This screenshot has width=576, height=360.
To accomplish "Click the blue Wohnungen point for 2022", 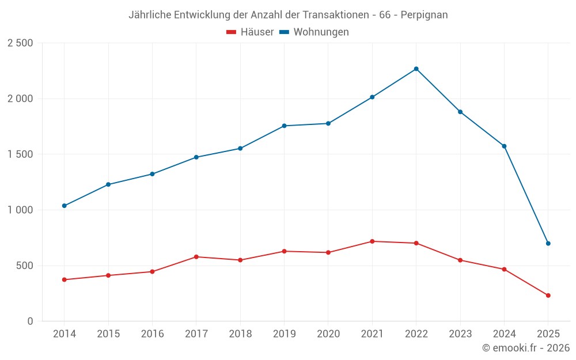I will tap(416, 69).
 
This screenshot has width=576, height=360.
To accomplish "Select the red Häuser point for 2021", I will tap(372, 241).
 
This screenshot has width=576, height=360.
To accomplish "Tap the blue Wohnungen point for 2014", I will tap(64, 206).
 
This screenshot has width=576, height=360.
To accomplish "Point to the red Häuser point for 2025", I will tap(548, 295).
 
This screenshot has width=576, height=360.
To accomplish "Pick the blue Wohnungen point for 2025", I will tap(548, 244).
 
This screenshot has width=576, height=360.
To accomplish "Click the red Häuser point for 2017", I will tap(196, 257).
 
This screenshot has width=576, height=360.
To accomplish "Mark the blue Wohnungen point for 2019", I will tap(284, 126).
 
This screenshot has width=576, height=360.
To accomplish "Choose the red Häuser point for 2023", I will tap(460, 260).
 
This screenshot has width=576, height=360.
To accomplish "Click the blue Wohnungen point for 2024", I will tap(504, 146).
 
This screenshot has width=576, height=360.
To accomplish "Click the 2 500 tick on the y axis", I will tap(20, 43).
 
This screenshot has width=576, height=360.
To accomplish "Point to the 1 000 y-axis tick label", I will tap(20, 210).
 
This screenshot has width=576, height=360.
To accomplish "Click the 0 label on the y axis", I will tap(30, 321).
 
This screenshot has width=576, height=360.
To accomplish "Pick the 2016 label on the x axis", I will tap(152, 334).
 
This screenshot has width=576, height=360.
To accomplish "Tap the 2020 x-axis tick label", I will tap(328, 334).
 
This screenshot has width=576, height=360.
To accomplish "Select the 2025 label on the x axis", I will tap(548, 334).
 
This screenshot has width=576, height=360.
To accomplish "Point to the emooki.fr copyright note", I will tap(525, 348).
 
